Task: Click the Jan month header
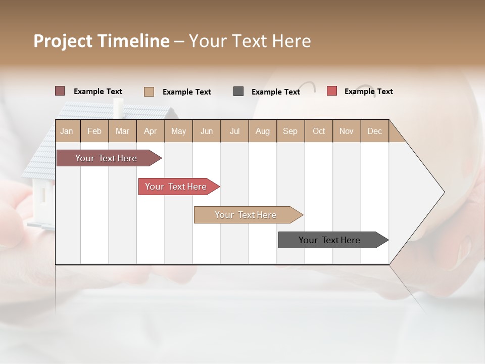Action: click(67, 131)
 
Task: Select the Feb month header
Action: click(94, 131)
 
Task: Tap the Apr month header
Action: click(150, 131)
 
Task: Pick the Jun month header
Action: click(207, 131)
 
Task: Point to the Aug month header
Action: click(262, 131)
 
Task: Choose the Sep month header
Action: click(290, 131)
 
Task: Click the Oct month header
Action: click(319, 131)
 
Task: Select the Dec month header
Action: click(374, 131)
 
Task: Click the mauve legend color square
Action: click(60, 91)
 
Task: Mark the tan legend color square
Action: click(149, 92)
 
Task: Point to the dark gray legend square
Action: click(238, 92)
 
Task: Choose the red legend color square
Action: click(332, 91)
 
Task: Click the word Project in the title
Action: click(63, 41)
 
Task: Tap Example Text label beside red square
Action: click(368, 92)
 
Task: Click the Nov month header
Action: click(347, 131)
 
